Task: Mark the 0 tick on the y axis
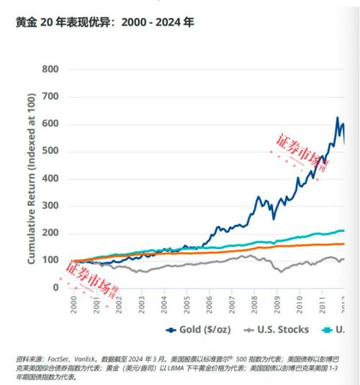[56, 287]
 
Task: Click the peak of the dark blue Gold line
[337, 118]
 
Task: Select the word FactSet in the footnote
[62, 358]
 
